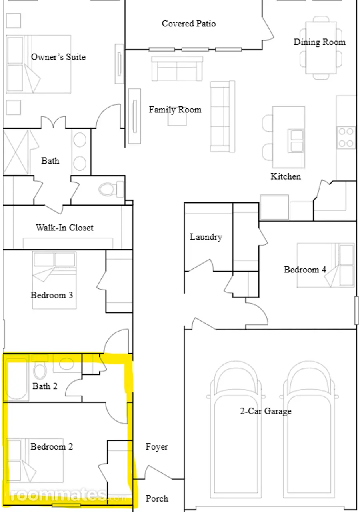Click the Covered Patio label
188,24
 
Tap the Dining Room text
319,42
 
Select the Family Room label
175,110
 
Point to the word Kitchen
286,176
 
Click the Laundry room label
206,237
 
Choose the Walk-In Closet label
64,228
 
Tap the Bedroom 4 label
305,270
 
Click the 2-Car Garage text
266,411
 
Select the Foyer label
157,447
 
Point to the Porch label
157,498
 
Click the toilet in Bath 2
40,370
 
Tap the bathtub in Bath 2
16,380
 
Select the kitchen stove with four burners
346,137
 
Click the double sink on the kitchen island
296,140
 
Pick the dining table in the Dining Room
321,48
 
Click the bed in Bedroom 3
54,280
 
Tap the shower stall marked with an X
16,152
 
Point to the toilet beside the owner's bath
111,189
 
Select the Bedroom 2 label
52,447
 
